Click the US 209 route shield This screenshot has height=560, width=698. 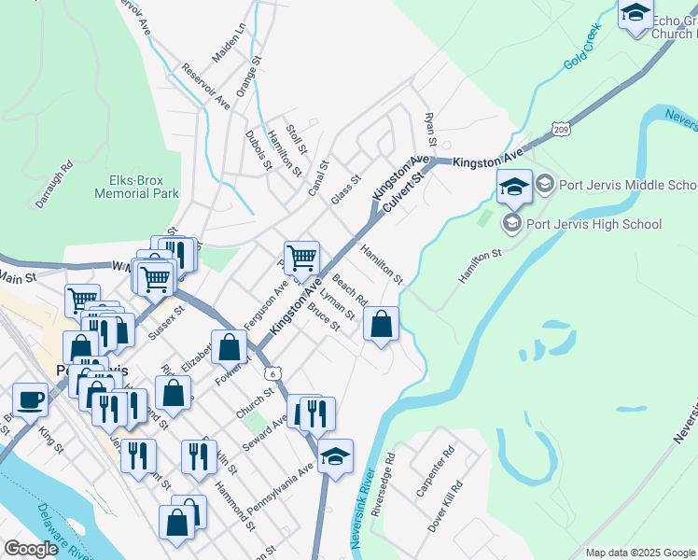tap(560, 128)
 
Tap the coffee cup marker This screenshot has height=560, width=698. tap(30, 399)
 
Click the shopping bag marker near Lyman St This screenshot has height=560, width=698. tap(381, 325)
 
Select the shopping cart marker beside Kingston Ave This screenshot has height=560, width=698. tap(301, 258)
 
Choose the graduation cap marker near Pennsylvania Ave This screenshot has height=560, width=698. tap(335, 456)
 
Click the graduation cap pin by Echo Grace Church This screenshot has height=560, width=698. tap(635, 13)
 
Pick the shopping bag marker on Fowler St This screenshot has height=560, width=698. tap(229, 348)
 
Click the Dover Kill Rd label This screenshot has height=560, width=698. tap(449, 505)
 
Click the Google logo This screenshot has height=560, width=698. tap(31, 550)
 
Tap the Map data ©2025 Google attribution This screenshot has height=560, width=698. tap(639, 553)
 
